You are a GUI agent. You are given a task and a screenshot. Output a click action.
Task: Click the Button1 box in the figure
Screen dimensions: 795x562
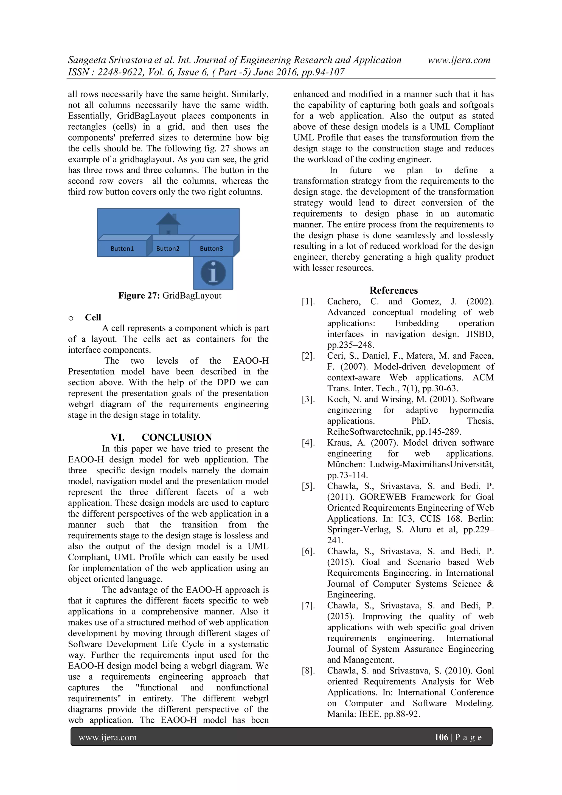122,248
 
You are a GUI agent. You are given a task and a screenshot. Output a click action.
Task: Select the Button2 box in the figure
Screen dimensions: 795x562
168,248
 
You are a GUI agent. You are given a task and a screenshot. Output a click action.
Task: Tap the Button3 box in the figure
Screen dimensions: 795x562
211,248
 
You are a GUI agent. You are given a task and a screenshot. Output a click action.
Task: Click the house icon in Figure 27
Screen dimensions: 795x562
168,224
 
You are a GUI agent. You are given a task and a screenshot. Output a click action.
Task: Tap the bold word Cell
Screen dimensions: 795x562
93,317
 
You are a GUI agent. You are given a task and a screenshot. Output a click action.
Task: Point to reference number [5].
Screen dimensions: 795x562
308,486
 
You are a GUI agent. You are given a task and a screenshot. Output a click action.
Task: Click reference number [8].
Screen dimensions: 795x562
308,671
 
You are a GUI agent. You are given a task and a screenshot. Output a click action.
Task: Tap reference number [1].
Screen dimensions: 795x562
308,302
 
